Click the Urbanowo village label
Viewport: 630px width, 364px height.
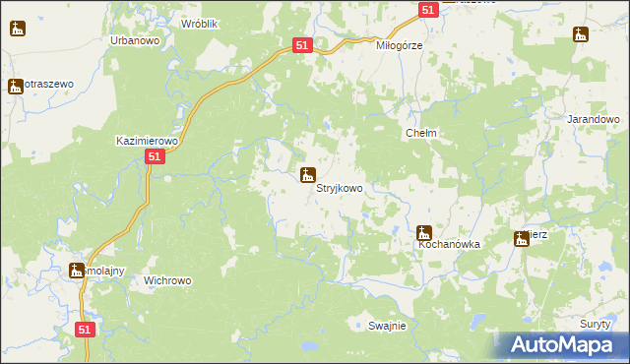(x=137, y=40)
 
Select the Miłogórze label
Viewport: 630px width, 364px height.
(x=400, y=45)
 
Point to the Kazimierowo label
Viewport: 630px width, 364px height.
(x=146, y=141)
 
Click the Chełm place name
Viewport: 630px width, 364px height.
(x=421, y=133)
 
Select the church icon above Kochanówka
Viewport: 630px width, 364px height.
(x=424, y=233)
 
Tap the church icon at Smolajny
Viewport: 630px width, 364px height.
(x=77, y=271)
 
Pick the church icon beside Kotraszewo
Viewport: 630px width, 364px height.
(x=16, y=87)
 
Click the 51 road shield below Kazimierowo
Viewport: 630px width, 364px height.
(x=154, y=157)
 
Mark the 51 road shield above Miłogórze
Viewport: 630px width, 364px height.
(x=428, y=9)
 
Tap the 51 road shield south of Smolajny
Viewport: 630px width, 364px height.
(x=85, y=331)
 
